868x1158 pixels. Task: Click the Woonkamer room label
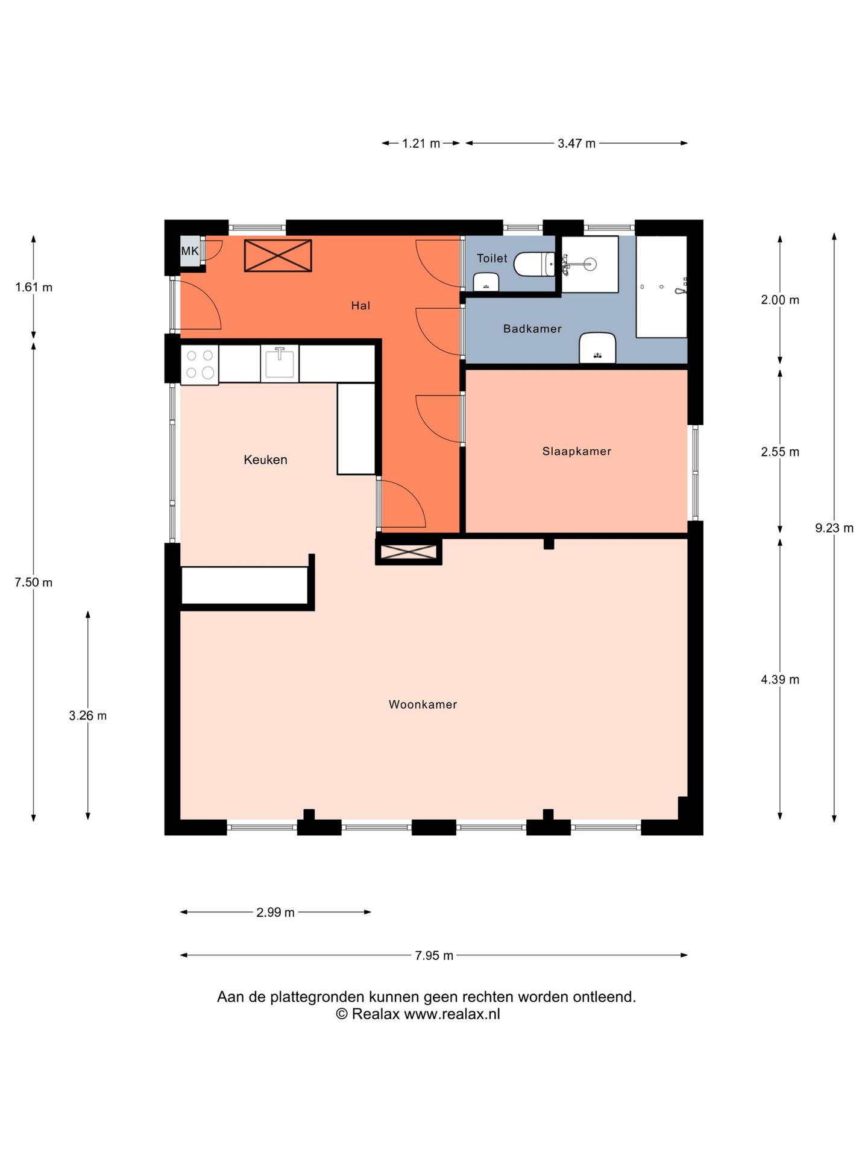pyautogui.click(x=423, y=704)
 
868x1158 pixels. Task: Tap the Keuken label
pyautogui.click(x=265, y=460)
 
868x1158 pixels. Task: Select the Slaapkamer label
pyautogui.click(x=577, y=451)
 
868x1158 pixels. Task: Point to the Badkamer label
pyautogui.click(x=532, y=329)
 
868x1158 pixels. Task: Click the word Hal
pyautogui.click(x=360, y=306)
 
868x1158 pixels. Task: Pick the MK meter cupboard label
pyautogui.click(x=190, y=251)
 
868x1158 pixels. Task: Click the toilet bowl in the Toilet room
pyautogui.click(x=534, y=264)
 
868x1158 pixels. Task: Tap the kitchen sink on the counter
pyautogui.click(x=280, y=363)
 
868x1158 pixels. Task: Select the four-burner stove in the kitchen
pyautogui.click(x=200, y=364)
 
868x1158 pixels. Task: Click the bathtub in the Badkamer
pyautogui.click(x=662, y=286)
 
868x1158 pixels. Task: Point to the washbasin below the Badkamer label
pyautogui.click(x=597, y=348)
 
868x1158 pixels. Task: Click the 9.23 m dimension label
pyautogui.click(x=834, y=528)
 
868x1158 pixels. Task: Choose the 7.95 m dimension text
pyautogui.click(x=434, y=955)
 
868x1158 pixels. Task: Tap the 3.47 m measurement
pyautogui.click(x=576, y=144)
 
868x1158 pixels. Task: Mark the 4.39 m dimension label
pyautogui.click(x=780, y=680)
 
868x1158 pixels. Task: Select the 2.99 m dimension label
pyautogui.click(x=275, y=913)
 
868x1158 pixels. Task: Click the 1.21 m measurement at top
pyautogui.click(x=421, y=144)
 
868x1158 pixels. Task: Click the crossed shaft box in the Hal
pyautogui.click(x=278, y=256)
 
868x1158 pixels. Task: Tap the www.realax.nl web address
pyautogui.click(x=452, y=1014)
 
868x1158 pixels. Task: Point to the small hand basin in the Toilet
pyautogui.click(x=486, y=282)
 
